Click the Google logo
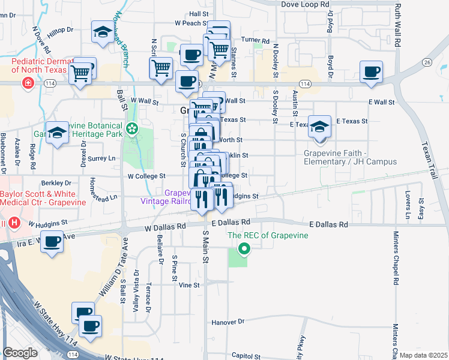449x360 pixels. pyautogui.click(x=20, y=353)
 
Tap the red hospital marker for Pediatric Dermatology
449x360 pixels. pyautogui.click(x=27, y=83)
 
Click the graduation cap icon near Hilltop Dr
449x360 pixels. pyautogui.click(x=103, y=32)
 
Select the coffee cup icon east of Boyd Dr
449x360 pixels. pyautogui.click(x=371, y=72)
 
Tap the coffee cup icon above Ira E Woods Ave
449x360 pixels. pyautogui.click(x=52, y=242)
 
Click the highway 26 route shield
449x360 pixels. pyautogui.click(x=427, y=62)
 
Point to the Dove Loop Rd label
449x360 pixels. pyautogui.click(x=306, y=4)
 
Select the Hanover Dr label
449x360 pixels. pyautogui.click(x=228, y=322)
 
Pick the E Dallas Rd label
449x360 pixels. pyautogui.click(x=328, y=224)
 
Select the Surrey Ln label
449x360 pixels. pyautogui.click(x=101, y=159)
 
